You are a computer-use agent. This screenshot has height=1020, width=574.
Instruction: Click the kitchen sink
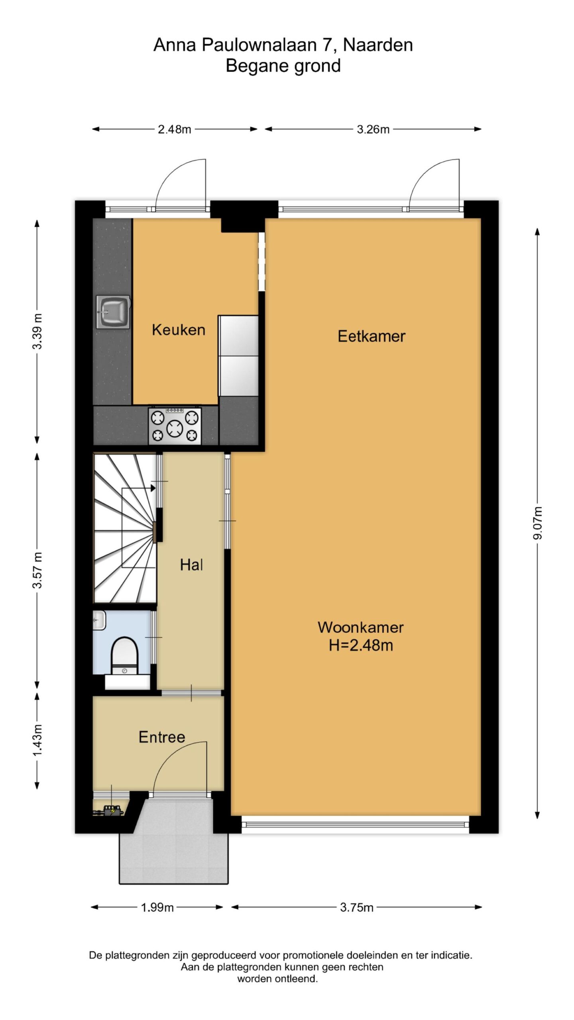tap(113, 312)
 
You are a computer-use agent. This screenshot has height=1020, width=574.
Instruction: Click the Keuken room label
tap(179, 330)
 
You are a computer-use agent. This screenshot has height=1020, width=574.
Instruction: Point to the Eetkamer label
tap(372, 336)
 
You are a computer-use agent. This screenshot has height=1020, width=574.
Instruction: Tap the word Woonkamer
tap(360, 628)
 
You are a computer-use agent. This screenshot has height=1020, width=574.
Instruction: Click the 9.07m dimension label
tap(538, 523)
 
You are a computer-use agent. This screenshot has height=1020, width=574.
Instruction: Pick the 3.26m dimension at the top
tap(373, 129)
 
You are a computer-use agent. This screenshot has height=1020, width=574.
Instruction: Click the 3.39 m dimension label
tap(37, 331)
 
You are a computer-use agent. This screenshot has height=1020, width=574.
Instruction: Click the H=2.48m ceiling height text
tap(361, 645)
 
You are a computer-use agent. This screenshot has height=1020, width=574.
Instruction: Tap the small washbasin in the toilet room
tap(99, 620)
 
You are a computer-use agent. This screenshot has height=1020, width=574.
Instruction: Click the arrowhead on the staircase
tap(153, 488)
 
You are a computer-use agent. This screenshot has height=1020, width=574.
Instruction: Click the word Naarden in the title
tap(378, 45)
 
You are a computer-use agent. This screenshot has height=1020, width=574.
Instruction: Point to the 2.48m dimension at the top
tap(175, 129)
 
